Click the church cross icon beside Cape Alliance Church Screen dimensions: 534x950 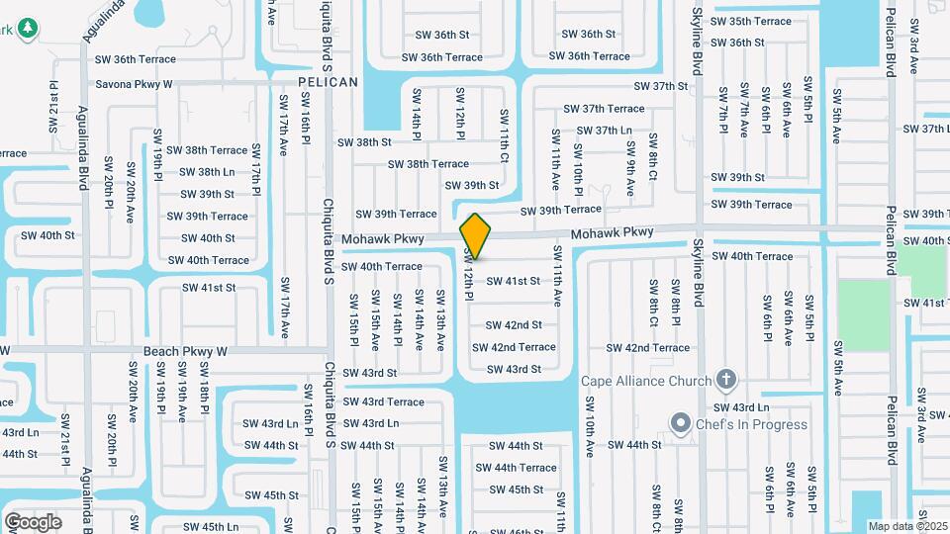726,380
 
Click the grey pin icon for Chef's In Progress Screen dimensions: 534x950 680,424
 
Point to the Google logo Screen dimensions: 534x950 33,521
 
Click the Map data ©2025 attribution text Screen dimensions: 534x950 907,526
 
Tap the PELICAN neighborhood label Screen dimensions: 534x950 328,82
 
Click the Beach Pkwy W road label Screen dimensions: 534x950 185,351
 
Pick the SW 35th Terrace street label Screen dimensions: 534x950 751,21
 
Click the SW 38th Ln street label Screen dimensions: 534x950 208,172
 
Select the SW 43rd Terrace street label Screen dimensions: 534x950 383,401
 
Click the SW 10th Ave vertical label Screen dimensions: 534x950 589,427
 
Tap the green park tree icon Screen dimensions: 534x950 28,30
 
